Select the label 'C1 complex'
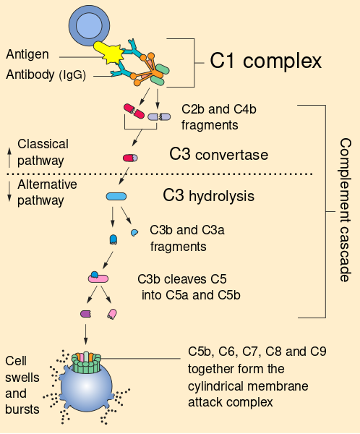[x=265, y=61]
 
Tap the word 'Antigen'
[x=28, y=55]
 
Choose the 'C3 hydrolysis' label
[x=208, y=195]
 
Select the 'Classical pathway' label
[x=40, y=152]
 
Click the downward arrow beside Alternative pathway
[x=9, y=192]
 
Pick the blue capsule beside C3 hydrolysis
[x=116, y=196]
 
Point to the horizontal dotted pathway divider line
[x=159, y=174]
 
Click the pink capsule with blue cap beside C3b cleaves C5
[x=98, y=277]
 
